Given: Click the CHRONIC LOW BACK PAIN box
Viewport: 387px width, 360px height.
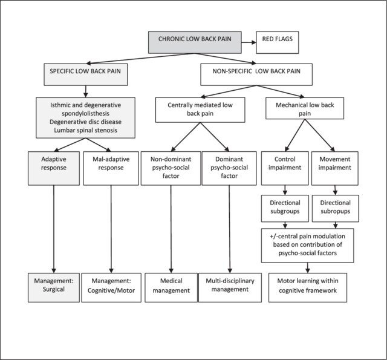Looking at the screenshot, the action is (195, 42).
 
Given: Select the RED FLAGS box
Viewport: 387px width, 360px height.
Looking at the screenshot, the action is (278, 42).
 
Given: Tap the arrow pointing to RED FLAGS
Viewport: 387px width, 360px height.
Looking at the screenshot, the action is (249, 42).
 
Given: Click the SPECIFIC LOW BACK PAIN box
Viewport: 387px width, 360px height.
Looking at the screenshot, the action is (86, 74).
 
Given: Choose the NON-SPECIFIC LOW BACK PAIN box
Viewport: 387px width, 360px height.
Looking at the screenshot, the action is (256, 74).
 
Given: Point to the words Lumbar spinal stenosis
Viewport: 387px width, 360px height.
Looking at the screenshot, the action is (86, 130).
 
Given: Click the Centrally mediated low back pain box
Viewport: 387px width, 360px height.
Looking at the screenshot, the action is (200, 110).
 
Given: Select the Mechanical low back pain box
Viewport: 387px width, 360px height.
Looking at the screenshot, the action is (305, 108).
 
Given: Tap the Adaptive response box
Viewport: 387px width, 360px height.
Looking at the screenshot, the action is (54, 168).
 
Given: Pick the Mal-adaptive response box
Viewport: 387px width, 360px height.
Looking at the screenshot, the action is (111, 168).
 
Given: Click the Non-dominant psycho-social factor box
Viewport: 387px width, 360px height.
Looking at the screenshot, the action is (171, 168).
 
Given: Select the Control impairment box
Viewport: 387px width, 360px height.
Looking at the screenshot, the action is (285, 168).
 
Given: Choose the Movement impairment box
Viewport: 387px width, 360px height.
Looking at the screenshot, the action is (335, 168).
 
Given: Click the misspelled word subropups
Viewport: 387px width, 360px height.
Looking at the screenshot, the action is (336, 211).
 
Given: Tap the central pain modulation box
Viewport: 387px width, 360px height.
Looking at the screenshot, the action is (308, 246).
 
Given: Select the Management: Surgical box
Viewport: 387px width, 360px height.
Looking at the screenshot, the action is (54, 287).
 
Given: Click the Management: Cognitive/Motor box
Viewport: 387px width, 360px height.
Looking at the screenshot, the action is (111, 287).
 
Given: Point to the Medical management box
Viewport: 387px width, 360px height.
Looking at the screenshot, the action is (171, 287).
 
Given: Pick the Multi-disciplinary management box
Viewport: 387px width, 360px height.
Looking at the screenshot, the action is (230, 287).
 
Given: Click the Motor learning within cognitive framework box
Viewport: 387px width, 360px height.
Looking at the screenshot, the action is (308, 287).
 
